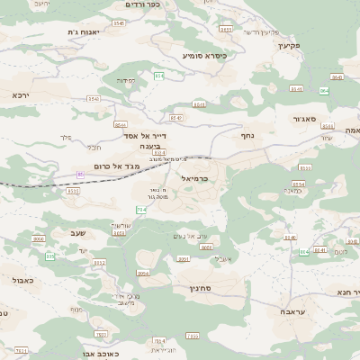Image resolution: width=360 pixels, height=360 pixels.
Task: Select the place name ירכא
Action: pos(21,94)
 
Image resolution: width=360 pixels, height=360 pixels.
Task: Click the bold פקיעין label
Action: pos(288,44)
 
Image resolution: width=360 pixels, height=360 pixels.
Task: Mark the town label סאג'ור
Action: pos(304,118)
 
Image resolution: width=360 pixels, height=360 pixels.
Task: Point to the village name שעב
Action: pos(64,234)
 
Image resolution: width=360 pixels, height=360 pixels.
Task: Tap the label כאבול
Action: pos(21,281)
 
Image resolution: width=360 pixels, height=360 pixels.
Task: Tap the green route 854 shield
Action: pos(159,76)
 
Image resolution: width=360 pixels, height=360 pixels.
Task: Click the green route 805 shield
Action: pos(50,256)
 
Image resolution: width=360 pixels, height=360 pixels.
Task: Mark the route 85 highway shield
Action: pos(80,174)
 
